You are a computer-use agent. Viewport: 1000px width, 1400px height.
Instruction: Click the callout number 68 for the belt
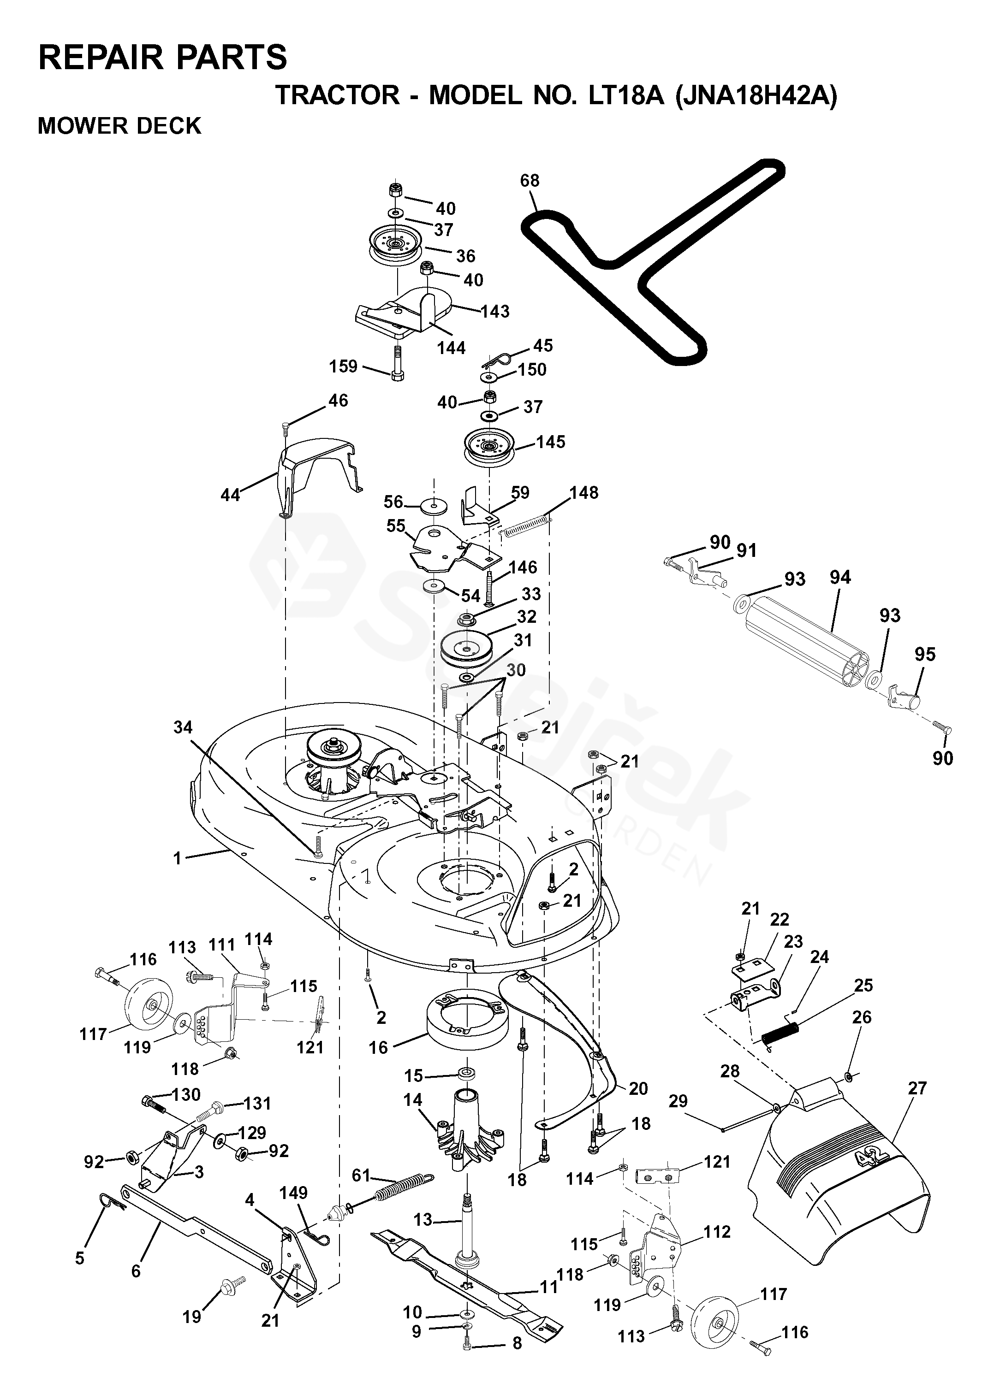(x=530, y=180)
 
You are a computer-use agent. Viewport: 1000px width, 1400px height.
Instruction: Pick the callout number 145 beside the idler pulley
(x=550, y=442)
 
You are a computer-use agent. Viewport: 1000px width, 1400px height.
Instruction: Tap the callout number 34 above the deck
(x=183, y=727)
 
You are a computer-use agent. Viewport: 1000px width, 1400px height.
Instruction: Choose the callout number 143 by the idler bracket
(x=495, y=311)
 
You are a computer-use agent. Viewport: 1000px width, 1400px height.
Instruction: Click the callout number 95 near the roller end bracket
(x=925, y=654)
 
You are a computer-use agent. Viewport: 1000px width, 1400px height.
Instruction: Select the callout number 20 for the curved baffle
(x=638, y=1089)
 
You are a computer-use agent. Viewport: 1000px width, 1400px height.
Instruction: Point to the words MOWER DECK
(x=119, y=125)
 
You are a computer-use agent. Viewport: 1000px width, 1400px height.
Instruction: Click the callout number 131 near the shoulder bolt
(x=256, y=1104)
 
